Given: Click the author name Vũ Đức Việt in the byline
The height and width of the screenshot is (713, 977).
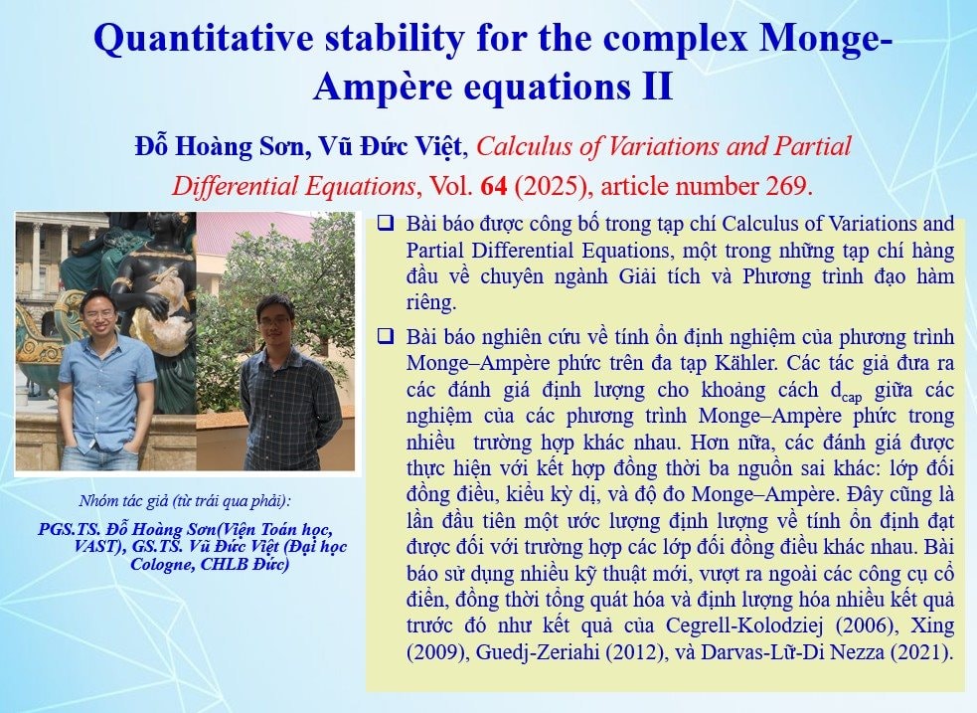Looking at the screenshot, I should pos(391,146).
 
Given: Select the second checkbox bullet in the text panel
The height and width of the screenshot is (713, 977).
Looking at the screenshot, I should pos(385,338).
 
